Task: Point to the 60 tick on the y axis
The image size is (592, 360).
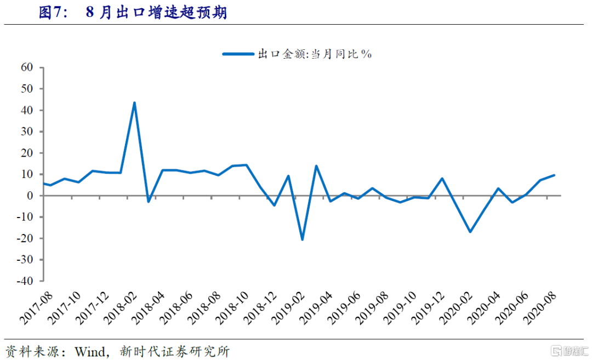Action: [27, 67]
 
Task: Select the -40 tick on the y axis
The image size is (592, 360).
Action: [24, 281]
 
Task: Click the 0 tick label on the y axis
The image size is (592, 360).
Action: [31, 196]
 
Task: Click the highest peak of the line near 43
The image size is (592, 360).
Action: [134, 103]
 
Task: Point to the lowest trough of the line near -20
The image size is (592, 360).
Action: [302, 239]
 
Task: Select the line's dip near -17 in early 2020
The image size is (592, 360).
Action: [470, 232]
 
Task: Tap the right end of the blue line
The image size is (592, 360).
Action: [554, 175]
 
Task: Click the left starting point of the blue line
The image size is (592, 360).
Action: [44, 184]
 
